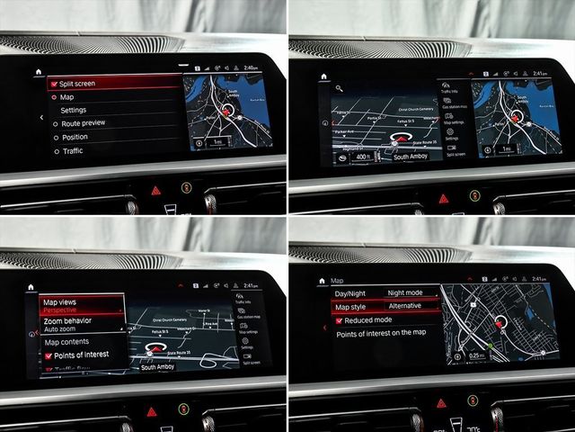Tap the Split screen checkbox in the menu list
click(x=54, y=84)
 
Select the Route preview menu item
click(x=83, y=122)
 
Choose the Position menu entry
click(x=75, y=137)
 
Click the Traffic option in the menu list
click(x=72, y=151)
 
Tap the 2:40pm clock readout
click(x=250, y=67)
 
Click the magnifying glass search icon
click(x=339, y=88)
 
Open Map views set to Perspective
click(x=79, y=305)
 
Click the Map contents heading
click(x=66, y=342)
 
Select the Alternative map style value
click(x=404, y=306)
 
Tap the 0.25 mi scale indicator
click(x=476, y=355)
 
